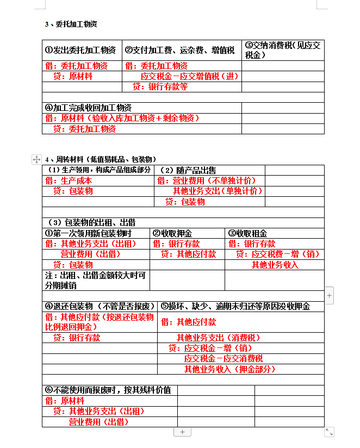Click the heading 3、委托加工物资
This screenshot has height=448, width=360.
[71, 24]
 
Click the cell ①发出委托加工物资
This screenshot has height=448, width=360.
[80, 50]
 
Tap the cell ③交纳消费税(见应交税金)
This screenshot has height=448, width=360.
[282, 50]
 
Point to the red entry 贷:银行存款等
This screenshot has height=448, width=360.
[160, 86]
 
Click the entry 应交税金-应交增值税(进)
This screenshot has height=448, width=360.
[189, 76]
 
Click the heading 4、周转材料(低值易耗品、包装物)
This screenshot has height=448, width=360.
[102, 159]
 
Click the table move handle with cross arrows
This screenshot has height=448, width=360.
[36, 159]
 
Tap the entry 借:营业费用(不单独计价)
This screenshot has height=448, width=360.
[206, 181]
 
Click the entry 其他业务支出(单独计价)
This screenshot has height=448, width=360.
[218, 191]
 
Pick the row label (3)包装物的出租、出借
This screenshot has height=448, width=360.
[91, 222]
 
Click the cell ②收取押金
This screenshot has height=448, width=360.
[172, 233]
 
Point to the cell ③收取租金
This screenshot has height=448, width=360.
[247, 233]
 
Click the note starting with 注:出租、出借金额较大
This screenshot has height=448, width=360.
[95, 280]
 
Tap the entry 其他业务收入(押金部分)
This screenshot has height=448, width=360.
[229, 369]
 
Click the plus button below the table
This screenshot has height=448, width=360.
[182, 432]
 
